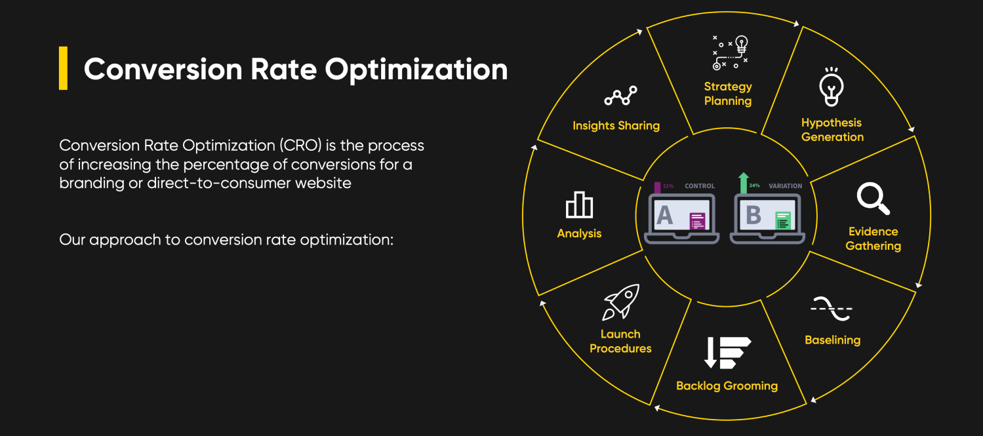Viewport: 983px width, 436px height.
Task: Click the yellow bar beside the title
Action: click(x=63, y=68)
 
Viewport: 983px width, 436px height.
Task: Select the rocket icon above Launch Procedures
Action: click(x=621, y=302)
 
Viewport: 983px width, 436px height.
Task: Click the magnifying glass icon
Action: click(x=873, y=199)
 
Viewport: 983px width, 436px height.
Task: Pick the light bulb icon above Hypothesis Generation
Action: click(x=832, y=88)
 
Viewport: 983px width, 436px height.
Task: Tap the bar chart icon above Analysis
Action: click(x=579, y=205)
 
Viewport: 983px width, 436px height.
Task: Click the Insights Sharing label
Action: click(x=616, y=126)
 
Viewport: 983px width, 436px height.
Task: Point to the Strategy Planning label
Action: click(x=728, y=94)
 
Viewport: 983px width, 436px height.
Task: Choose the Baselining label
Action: click(x=832, y=340)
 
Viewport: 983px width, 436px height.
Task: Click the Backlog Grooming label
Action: click(x=727, y=386)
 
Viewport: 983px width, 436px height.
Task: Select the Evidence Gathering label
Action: click(x=873, y=239)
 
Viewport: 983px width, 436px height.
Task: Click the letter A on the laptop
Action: click(x=664, y=215)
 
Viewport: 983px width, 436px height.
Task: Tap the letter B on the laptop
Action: click(x=753, y=215)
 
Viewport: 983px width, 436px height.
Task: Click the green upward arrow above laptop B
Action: click(x=743, y=183)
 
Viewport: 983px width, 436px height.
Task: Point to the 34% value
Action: click(x=754, y=186)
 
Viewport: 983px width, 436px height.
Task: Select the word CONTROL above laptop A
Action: click(x=700, y=186)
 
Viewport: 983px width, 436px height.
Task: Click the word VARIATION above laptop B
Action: click(x=785, y=186)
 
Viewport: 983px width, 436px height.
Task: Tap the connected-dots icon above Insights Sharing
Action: click(x=620, y=96)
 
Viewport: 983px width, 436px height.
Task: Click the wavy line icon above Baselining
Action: click(x=832, y=308)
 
